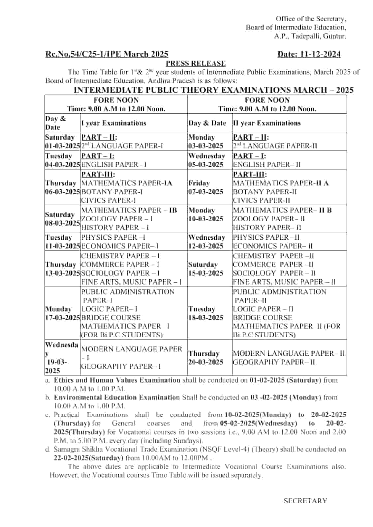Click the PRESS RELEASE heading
pyautogui.click(x=196, y=63)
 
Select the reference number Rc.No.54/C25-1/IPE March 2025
pyautogui.click(x=107, y=54)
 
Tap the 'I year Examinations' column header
pyautogui.click(x=113, y=123)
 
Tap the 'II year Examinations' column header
pyautogui.click(x=267, y=123)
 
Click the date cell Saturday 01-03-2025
pyautogui.click(x=62, y=142)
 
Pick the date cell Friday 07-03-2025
pyautogui.click(x=206, y=187)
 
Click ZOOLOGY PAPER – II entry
pyautogui.click(x=269, y=219)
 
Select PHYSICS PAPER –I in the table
pyautogui.click(x=113, y=237)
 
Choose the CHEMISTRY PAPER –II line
pyautogui.click(x=273, y=256)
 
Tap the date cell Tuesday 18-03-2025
pyautogui.click(x=206, y=313)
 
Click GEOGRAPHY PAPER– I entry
pyautogui.click(x=121, y=366)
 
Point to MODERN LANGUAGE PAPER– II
pyautogui.click(x=289, y=353)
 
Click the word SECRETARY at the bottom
pyautogui.click(x=305, y=501)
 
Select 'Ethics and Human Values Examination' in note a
pyautogui.click(x=117, y=380)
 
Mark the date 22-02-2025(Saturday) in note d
pyautogui.click(x=88, y=458)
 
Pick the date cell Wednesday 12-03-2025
pyautogui.click(x=206, y=242)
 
